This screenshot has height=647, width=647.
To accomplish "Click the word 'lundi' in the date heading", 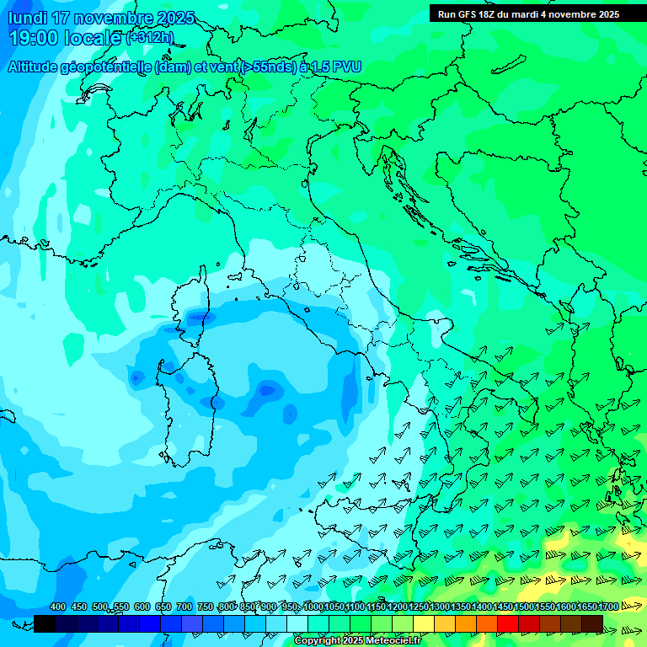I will (27, 18).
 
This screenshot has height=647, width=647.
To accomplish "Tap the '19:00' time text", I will (34, 38).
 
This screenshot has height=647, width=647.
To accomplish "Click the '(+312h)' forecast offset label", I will (149, 38).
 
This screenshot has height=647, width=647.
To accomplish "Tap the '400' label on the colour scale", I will (58, 607).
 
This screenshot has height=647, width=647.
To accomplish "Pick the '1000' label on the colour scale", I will (313, 607).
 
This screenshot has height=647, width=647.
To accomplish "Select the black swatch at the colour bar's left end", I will (45, 623).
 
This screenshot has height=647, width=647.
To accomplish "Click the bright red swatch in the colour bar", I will (508, 623).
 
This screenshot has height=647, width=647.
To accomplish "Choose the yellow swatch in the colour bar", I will (424, 623).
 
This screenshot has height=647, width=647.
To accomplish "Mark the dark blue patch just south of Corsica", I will (195, 318).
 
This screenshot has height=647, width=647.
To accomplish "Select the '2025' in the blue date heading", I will (174, 18).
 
